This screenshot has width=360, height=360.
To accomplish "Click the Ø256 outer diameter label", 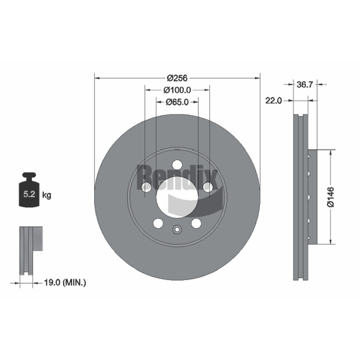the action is [177, 78].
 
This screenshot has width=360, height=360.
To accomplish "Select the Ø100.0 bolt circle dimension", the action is [177, 90].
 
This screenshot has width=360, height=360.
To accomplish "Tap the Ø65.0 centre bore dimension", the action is [177, 102].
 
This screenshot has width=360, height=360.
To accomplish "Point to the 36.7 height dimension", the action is [305, 85].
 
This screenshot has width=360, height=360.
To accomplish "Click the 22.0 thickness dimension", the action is [274, 100].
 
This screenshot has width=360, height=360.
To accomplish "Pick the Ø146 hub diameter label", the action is [331, 197].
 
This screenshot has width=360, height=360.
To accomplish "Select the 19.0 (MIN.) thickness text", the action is [65, 283].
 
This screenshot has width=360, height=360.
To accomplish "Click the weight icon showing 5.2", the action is [29, 190].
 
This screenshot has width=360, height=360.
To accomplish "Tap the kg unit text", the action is [47, 195].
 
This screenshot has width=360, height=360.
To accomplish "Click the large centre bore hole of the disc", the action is [177, 197].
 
